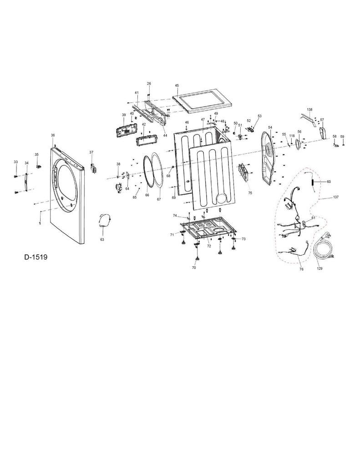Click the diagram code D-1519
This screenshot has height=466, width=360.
(x=36, y=257)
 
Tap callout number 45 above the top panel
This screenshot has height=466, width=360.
(x=177, y=86)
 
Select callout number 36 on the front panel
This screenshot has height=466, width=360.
(x=53, y=136)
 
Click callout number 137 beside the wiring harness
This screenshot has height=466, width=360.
(x=336, y=198)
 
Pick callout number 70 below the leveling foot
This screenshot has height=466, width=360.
(x=194, y=268)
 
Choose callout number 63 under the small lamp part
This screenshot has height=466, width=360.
(x=102, y=239)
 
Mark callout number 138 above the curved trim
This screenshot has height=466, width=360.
(x=309, y=110)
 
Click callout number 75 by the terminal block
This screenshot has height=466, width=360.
(x=250, y=193)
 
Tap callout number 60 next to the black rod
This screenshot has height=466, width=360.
(x=329, y=182)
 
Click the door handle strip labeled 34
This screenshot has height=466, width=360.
(x=26, y=182)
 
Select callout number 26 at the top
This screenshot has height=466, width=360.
(x=149, y=84)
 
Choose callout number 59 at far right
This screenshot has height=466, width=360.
(x=343, y=137)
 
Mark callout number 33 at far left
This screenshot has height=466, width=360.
(x=15, y=162)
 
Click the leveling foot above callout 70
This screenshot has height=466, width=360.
(x=198, y=259)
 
